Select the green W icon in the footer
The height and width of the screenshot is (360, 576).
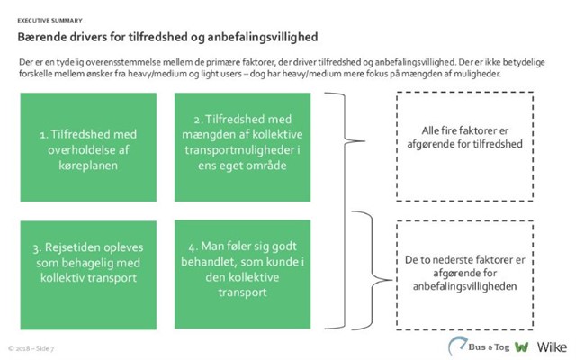point(519,346)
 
